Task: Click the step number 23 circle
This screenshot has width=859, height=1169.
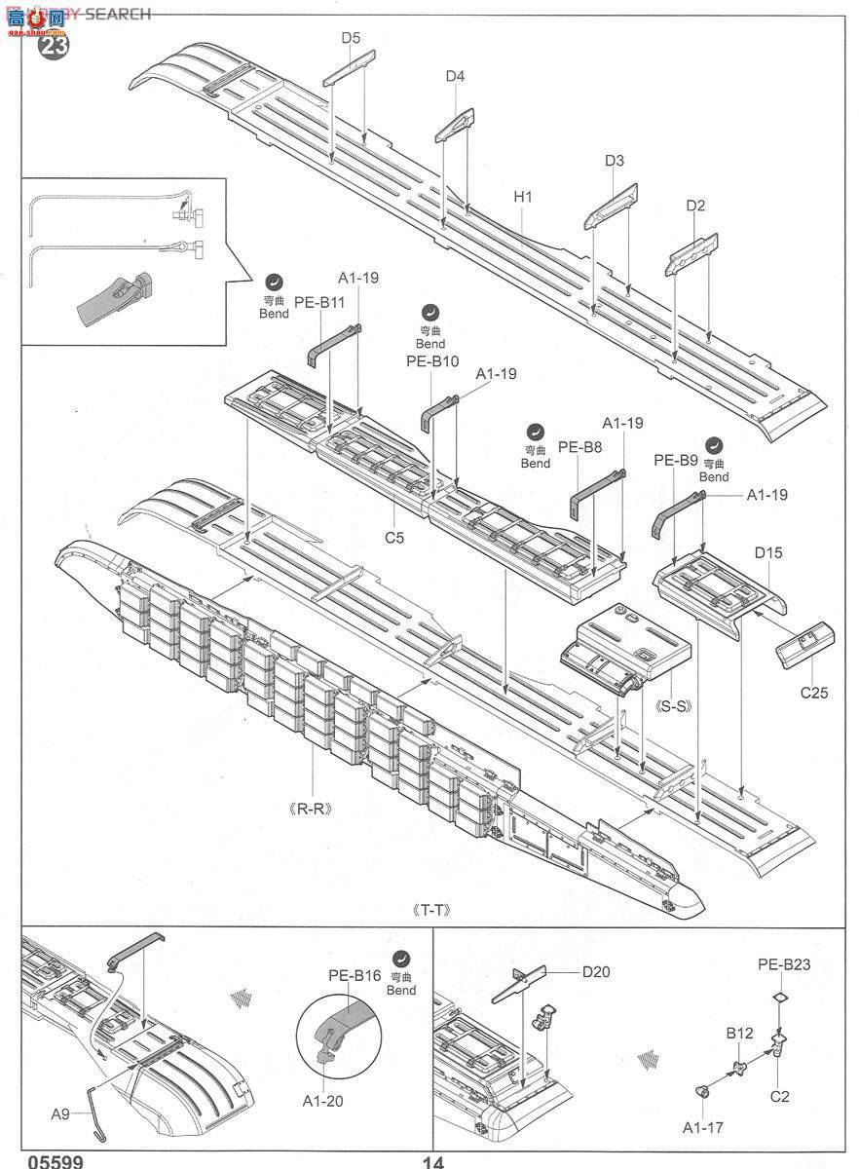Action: coord(53,46)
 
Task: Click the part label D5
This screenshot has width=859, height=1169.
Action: coord(351,38)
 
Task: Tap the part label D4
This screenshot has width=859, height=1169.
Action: coord(455,76)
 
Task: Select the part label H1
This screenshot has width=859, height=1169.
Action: coord(523,196)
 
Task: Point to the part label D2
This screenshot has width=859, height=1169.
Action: coord(695,206)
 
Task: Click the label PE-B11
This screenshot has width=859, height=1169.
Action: coord(320,302)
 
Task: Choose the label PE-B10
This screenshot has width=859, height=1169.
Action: coord(431,361)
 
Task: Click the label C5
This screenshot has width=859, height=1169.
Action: coord(394,536)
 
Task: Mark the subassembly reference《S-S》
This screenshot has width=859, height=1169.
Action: coord(674,705)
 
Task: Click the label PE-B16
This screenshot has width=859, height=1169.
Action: coord(354,974)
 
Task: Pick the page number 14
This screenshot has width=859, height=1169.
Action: coord(433,1161)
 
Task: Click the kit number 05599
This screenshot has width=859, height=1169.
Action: coord(56,1161)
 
